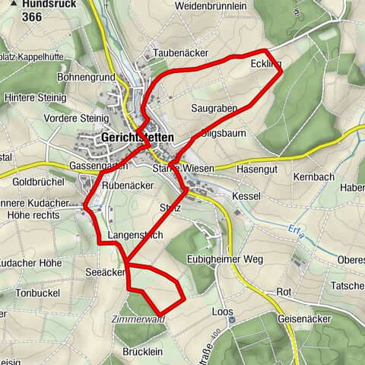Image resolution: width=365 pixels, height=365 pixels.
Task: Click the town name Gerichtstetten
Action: tap(136, 138)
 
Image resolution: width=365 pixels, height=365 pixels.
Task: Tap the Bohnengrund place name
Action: tap(85, 78)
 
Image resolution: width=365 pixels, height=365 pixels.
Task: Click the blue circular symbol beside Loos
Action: tap(233, 320)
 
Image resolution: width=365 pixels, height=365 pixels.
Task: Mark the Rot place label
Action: tap(284, 292)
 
